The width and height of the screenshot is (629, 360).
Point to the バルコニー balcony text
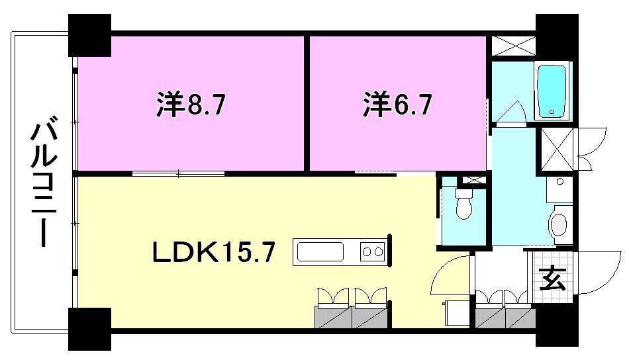pos(44,183)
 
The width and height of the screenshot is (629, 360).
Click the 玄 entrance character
pos(552,279)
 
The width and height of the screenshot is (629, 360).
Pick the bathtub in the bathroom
pos(552,91)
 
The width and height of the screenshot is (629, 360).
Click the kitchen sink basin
pos(320,252)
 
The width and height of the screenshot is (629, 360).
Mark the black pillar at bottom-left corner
pos(89,329)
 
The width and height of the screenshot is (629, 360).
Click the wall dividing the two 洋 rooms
pos(307,103)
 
